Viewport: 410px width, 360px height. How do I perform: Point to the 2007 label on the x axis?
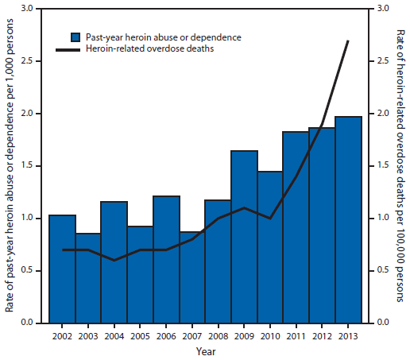pos(191,335)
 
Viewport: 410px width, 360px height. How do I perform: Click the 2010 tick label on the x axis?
pos(270,335)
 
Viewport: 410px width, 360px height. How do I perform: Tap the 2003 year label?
pos(88,335)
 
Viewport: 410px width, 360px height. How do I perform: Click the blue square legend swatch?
pos(75,37)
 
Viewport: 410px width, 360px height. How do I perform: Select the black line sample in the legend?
pos(68,49)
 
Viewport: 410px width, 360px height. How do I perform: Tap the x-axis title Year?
pos(205,351)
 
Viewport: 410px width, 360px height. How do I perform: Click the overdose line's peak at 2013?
pos(348,41)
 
